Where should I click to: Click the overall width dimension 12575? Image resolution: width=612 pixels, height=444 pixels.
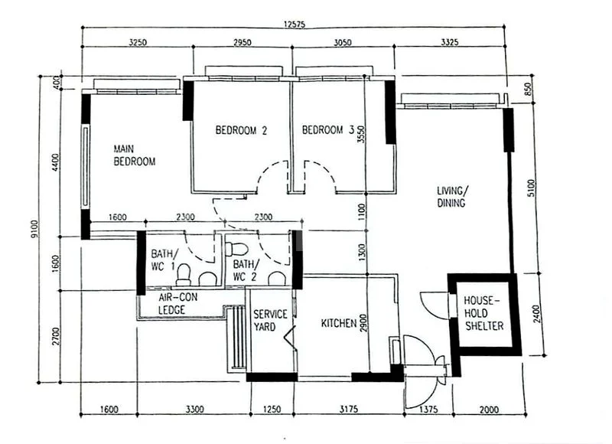coord(295,24)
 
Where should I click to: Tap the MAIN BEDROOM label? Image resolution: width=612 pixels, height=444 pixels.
coord(135,155)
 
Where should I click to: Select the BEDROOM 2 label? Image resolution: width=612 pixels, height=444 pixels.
coord(241,130)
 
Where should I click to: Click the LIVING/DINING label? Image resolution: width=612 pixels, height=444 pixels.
coord(451,197)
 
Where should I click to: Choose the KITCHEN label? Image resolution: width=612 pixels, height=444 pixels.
coord(339,323)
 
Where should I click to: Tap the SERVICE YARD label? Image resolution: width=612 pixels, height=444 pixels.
coord(270,320)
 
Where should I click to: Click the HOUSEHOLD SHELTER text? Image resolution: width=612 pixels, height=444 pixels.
coord(483,313)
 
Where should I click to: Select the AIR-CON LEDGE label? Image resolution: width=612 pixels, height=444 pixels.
coord(178,303)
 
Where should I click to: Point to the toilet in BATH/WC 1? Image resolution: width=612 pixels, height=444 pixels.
coord(183,274)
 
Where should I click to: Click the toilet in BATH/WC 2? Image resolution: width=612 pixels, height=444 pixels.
coord(237,249)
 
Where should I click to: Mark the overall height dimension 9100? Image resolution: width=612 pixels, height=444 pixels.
coord(34,229)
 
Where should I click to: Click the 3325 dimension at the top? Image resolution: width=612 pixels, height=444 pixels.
coord(450,42)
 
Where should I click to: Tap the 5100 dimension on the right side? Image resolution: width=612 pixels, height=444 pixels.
coord(531,188)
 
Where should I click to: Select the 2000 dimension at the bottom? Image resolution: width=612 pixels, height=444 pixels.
coord(489,410)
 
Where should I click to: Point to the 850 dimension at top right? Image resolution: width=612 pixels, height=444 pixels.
coord(528,89)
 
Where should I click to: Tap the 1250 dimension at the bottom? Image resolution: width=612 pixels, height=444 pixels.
coord(272,410)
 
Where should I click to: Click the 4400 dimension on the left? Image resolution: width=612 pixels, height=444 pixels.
coord(55,162)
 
